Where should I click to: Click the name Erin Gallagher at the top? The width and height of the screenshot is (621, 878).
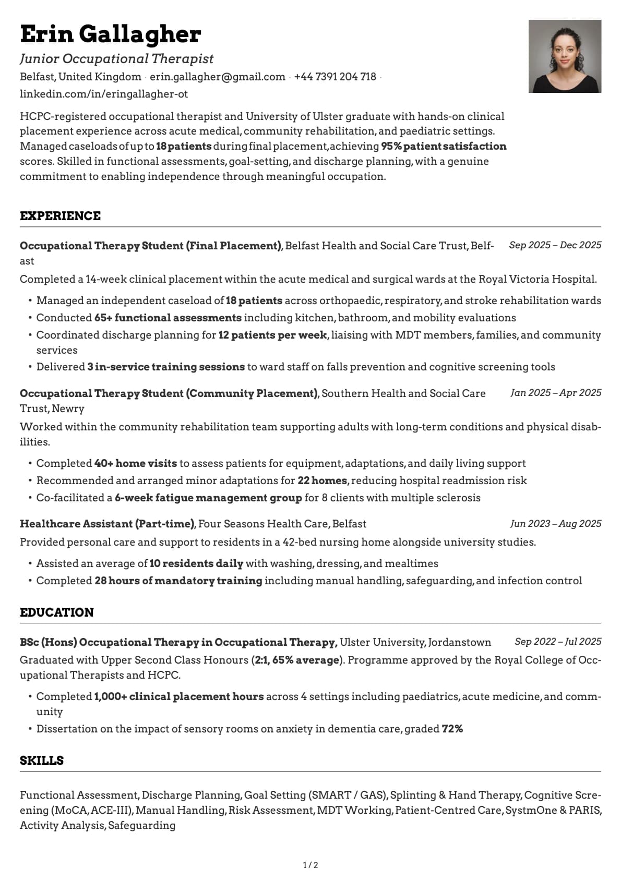click(110, 34)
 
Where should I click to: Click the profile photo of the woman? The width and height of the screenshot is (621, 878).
click(565, 56)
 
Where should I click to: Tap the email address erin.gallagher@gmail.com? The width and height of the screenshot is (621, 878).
click(217, 77)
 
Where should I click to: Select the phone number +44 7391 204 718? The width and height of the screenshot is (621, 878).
click(335, 77)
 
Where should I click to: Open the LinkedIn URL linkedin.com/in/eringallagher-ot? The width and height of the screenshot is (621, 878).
click(104, 94)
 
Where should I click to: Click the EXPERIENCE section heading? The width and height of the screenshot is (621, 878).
click(60, 216)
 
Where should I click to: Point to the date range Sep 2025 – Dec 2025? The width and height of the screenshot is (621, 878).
click(555, 245)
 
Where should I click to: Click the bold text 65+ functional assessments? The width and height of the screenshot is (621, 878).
click(168, 318)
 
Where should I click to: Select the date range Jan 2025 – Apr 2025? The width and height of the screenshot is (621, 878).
click(556, 393)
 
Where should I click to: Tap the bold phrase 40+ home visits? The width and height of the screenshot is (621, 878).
click(135, 463)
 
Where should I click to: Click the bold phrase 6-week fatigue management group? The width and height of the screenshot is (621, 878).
click(208, 498)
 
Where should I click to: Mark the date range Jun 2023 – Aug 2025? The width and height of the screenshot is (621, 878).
click(555, 524)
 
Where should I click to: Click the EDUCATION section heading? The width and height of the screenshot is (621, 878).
click(57, 612)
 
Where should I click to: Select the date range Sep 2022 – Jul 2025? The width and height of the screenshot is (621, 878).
click(557, 642)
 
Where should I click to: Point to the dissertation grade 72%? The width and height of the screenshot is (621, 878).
click(452, 729)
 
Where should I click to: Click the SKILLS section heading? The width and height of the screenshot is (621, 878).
click(42, 761)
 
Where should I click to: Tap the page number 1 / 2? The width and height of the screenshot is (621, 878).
click(310, 865)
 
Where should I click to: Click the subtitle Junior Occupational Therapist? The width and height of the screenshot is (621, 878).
click(117, 59)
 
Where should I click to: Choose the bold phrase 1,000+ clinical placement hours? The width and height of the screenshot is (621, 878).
click(178, 696)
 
